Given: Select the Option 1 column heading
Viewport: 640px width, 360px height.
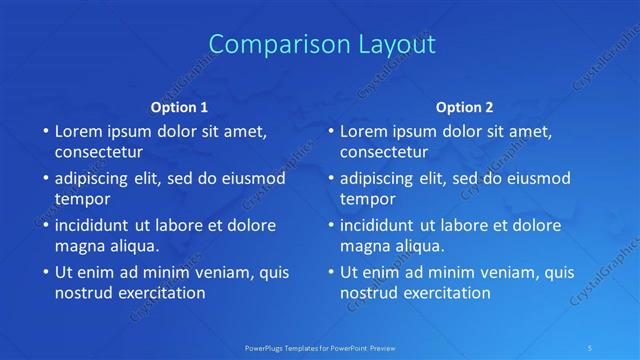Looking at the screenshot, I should coord(179,107).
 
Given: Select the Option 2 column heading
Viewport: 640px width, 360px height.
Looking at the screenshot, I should coord(464,107).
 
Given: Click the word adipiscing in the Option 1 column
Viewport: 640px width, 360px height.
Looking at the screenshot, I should coord(93,179).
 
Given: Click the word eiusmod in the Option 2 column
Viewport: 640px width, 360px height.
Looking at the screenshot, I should coord(535,179).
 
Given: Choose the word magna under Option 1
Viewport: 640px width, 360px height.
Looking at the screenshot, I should coord(78,245).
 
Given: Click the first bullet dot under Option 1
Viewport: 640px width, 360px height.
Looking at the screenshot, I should coord(45,132).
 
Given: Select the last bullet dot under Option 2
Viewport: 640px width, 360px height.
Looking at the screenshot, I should coord(330,272).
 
